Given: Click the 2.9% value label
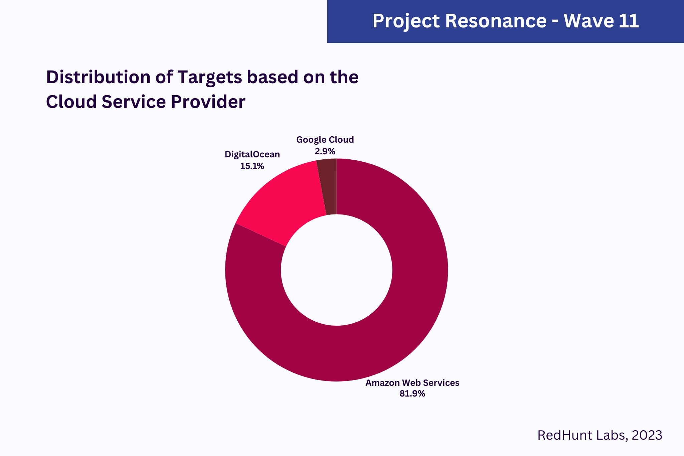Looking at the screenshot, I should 325,152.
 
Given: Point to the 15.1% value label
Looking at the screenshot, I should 252,166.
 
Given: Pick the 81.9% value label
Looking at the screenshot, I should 412,394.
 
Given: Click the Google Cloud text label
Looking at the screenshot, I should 325,140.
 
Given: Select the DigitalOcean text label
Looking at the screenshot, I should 252,154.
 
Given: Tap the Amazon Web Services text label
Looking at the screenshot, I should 412,383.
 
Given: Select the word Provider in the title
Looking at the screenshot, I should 208,102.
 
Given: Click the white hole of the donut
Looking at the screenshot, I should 336,270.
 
